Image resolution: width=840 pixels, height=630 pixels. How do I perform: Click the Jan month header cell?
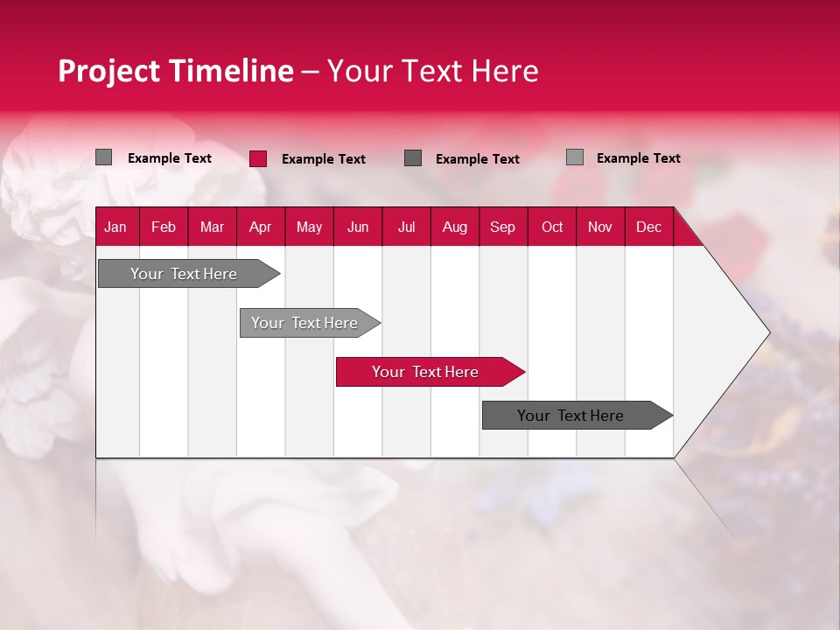(x=115, y=227)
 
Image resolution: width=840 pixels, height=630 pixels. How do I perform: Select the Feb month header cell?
(x=164, y=227)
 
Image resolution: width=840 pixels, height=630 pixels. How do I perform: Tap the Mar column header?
(x=212, y=227)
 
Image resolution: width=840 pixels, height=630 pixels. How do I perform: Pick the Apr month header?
(x=261, y=227)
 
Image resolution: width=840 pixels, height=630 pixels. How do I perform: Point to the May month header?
(x=309, y=227)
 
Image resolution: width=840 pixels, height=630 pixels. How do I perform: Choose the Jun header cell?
(x=358, y=227)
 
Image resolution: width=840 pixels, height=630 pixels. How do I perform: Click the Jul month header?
(x=406, y=227)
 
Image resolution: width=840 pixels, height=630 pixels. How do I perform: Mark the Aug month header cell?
(x=455, y=227)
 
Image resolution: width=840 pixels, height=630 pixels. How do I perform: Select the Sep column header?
(x=503, y=227)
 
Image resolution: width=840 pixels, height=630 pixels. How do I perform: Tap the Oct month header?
(x=552, y=227)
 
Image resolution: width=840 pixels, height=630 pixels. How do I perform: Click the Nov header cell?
(x=600, y=227)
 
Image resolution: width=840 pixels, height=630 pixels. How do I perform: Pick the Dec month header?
(x=649, y=227)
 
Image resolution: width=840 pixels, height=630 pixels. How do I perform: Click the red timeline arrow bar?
(x=429, y=372)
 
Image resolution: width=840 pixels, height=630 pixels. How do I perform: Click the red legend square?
(x=258, y=158)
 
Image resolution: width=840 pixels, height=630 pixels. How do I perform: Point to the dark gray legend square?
(x=413, y=158)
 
